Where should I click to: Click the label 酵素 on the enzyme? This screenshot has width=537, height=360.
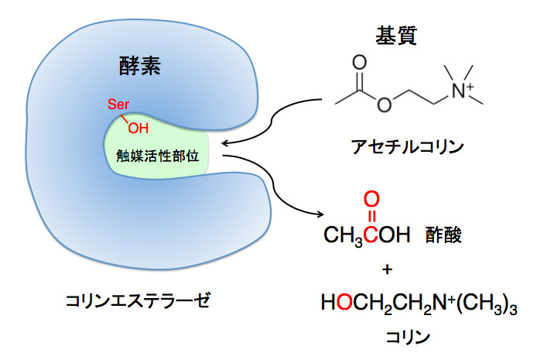click(x=140, y=66)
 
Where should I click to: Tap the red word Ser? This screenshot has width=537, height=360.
click(x=118, y=105)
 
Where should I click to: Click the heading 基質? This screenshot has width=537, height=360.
click(x=395, y=35)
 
